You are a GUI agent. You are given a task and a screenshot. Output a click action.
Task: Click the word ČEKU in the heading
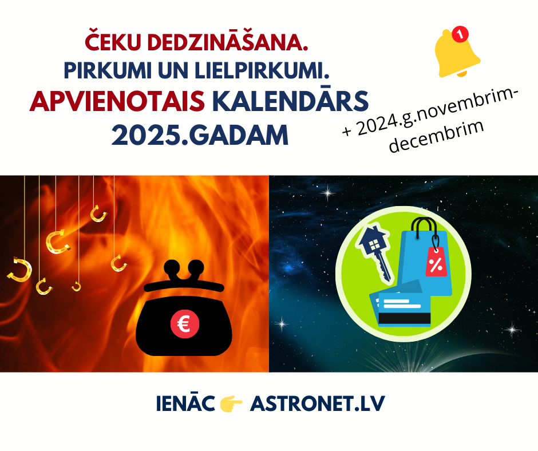coord(113,41)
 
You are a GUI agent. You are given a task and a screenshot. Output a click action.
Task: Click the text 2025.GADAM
coord(200,135)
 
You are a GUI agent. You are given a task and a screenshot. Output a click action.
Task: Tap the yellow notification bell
coord(456,54)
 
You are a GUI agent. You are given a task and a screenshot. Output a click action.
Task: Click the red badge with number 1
coord(460,34)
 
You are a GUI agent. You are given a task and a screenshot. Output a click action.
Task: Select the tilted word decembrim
coord(437,136)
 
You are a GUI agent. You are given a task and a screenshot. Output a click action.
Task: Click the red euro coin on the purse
coord(185,324)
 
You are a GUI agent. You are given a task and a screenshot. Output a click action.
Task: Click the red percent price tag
coord(436,262)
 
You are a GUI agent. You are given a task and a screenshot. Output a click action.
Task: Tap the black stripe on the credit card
coord(404,318)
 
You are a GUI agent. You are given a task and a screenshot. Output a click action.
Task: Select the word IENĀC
coord(185,403)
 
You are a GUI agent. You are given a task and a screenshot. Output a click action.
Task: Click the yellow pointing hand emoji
coord(231,403)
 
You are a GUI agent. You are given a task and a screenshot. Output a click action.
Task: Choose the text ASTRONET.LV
coord(318,403)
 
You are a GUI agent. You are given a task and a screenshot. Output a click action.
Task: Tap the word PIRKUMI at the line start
coord(108,70)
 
